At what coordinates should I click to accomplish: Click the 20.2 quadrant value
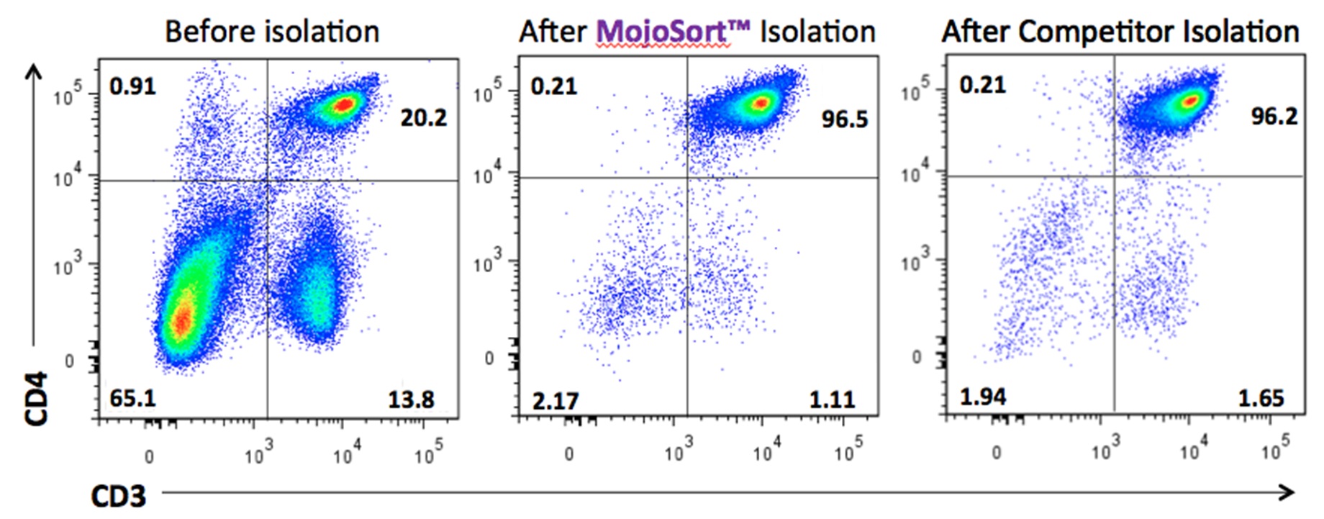tap(423, 117)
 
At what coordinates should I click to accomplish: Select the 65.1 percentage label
tap(132, 398)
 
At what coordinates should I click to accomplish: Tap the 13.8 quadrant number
tap(411, 400)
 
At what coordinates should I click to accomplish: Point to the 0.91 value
tap(132, 86)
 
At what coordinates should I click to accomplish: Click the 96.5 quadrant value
tap(845, 119)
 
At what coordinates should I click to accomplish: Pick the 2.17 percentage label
tap(555, 400)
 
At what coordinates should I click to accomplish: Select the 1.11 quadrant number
tap(832, 400)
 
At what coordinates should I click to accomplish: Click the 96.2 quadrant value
tap(1274, 116)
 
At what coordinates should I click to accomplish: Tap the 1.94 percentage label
tap(983, 397)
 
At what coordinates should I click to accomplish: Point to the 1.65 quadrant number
tap(1261, 398)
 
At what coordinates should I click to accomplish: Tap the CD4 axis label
tap(36, 398)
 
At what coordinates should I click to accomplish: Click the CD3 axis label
tap(118, 496)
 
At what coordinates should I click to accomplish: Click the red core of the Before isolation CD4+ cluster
tap(344, 105)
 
